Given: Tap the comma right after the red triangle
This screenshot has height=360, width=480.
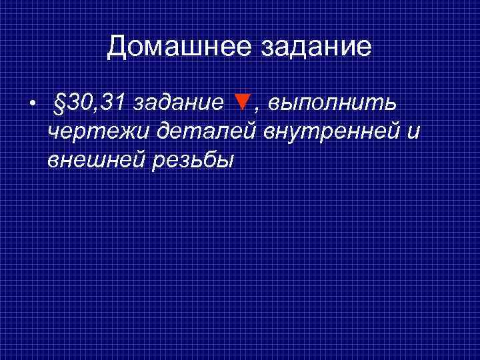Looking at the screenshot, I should [x=255, y=111].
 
